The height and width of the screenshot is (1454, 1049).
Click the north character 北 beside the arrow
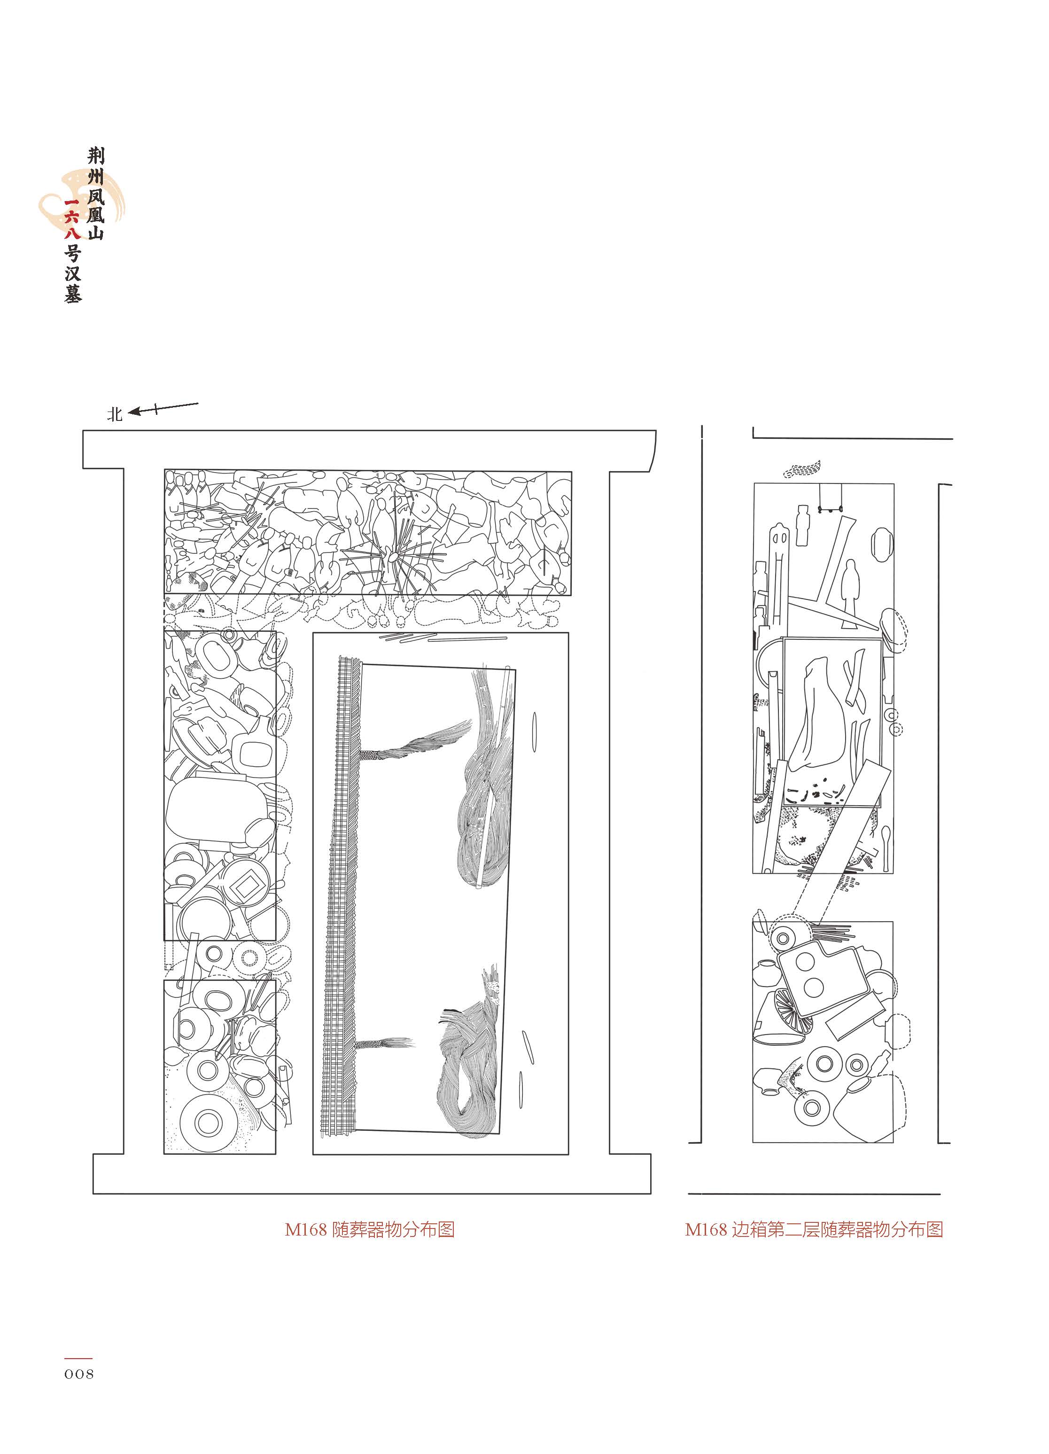(x=115, y=415)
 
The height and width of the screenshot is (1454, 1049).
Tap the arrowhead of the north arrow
(x=134, y=412)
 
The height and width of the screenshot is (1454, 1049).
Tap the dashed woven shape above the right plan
(x=802, y=469)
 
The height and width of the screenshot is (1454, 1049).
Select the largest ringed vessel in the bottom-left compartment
(x=207, y=1122)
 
